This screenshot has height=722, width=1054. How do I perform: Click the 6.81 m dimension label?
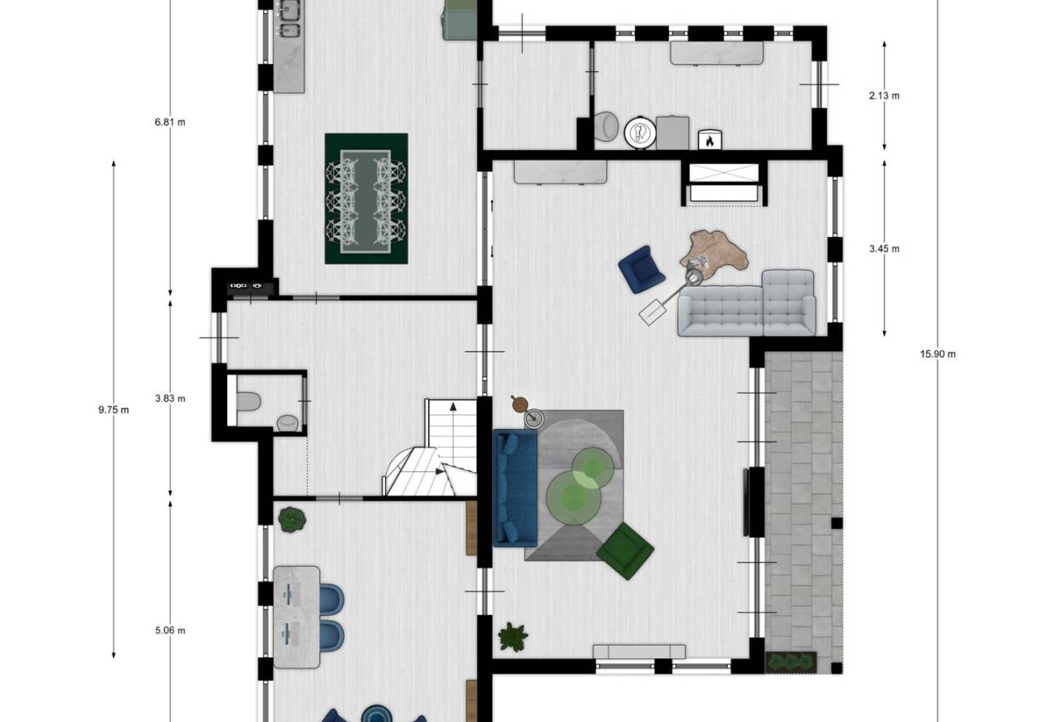click(170, 122)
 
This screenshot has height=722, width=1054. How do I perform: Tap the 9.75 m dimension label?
click(114, 410)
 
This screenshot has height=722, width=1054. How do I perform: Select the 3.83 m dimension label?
click(170, 398)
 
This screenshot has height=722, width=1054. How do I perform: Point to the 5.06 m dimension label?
click(170, 630)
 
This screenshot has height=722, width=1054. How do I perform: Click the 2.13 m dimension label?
click(884, 96)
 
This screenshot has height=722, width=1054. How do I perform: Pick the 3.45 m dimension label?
click(884, 248)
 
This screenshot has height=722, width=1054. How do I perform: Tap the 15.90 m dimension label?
click(938, 354)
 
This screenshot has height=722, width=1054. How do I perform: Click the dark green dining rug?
click(366, 199)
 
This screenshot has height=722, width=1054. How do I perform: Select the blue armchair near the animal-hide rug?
click(641, 269)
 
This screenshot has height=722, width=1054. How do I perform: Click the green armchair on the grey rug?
click(625, 550)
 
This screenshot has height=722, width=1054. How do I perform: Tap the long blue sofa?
click(515, 488)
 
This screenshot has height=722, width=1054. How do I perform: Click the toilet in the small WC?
click(248, 402)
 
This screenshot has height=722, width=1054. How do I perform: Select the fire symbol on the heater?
click(709, 140)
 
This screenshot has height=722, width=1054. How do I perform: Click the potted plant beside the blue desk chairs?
click(292, 520)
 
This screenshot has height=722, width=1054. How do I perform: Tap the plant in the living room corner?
click(513, 637)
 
